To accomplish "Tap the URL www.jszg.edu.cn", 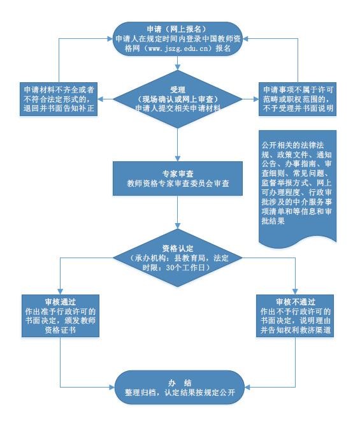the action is click(178, 48).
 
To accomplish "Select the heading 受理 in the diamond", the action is click(178, 90).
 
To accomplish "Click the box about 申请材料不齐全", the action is click(59, 99).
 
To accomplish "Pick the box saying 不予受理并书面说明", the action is click(298, 99).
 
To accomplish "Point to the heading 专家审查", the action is click(178, 174).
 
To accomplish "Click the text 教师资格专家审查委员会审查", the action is click(178, 184).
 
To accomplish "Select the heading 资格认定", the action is click(178, 249).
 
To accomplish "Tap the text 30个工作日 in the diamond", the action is click(185, 268).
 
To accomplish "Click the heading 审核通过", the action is click(60, 302).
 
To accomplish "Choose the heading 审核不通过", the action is click(296, 302).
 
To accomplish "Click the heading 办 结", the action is click(180, 382).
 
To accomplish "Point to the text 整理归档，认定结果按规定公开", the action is click(180, 393).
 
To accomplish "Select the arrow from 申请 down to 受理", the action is click(178, 63).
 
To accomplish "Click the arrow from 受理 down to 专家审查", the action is click(178, 145).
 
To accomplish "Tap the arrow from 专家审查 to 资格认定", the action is click(178, 212).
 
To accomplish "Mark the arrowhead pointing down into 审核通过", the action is click(60, 291).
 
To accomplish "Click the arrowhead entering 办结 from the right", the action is click(247, 387).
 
